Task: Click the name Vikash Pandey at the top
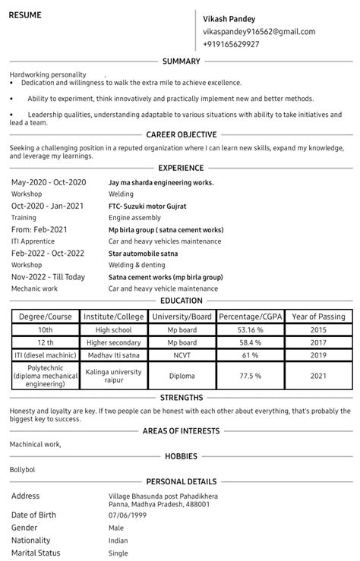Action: click(229, 18)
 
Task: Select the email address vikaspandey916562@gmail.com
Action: click(258, 31)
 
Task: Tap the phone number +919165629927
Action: click(231, 44)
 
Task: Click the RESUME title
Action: click(25, 15)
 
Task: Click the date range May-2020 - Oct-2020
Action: click(49, 182)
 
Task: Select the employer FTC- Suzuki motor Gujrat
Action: click(147, 206)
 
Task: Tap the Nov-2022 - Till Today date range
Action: click(48, 277)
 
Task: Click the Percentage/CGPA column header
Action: click(249, 317)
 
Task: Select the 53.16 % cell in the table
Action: click(249, 330)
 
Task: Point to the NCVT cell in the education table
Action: click(182, 355)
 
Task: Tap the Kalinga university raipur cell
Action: click(113, 376)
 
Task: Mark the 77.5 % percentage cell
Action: click(249, 376)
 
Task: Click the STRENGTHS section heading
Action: click(180, 397)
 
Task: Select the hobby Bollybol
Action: click(23, 469)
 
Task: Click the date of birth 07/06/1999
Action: click(128, 515)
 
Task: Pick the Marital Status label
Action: click(36, 553)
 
